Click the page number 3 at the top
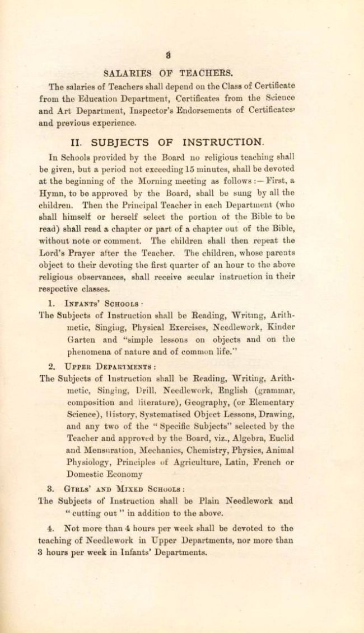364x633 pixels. pyautogui.click(x=167, y=55)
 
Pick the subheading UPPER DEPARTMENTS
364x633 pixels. pyautogui.click(x=109, y=366)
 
